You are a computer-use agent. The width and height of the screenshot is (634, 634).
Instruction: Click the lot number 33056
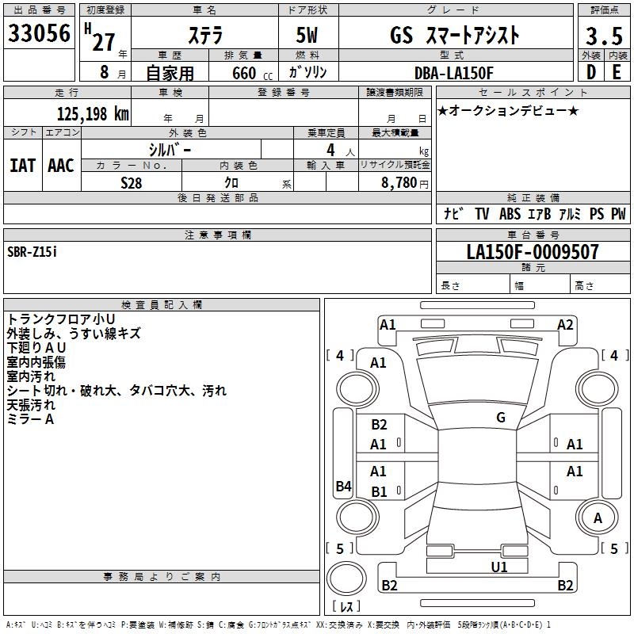pyautogui.click(x=39, y=32)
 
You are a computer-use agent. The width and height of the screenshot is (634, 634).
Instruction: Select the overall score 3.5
pyautogui.click(x=604, y=36)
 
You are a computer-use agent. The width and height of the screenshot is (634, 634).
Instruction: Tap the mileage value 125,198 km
pyautogui.click(x=93, y=114)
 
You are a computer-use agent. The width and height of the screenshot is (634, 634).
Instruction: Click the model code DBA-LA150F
pyautogui.click(x=453, y=73)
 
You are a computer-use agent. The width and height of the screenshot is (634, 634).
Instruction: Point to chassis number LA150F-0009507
pyautogui.click(x=533, y=252)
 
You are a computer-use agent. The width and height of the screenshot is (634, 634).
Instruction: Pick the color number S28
pyautogui.click(x=132, y=183)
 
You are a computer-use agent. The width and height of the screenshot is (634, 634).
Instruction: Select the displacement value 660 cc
pyautogui.click(x=252, y=73)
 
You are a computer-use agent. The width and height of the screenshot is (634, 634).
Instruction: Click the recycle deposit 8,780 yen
pyautogui.click(x=404, y=183)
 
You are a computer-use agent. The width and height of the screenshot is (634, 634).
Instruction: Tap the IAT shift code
pyautogui.click(x=22, y=166)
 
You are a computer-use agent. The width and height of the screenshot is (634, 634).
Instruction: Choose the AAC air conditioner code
pyautogui.click(x=61, y=166)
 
